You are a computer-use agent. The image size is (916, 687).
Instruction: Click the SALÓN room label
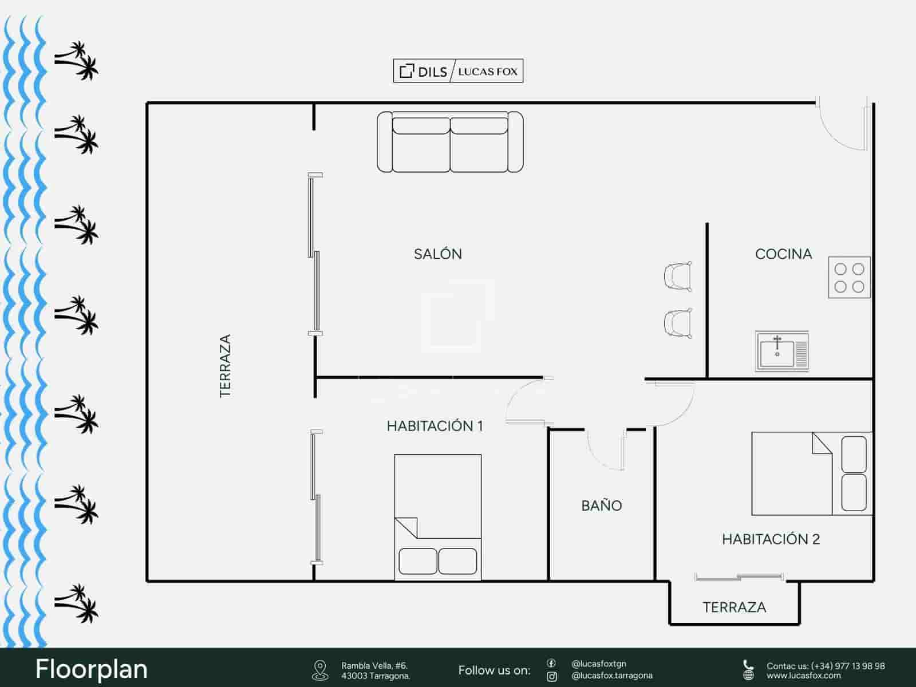click(438, 254)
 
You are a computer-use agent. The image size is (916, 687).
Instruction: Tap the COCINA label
click(783, 254)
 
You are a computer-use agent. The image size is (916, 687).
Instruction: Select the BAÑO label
click(601, 506)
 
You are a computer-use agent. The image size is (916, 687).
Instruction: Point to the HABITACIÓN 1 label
click(435, 426)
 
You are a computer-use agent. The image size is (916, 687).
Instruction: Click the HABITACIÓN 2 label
click(771, 539)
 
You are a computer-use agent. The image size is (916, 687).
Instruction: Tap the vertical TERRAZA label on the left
click(225, 366)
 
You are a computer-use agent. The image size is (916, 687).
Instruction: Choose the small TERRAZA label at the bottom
click(734, 607)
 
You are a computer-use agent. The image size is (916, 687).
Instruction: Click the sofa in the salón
click(450, 142)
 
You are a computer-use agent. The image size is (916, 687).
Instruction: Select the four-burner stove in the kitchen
click(849, 277)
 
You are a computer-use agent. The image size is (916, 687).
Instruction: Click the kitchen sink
click(781, 350)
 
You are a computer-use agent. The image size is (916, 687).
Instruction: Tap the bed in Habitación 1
click(437, 517)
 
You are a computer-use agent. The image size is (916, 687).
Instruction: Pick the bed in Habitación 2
click(812, 473)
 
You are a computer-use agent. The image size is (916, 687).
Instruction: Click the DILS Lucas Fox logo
click(458, 72)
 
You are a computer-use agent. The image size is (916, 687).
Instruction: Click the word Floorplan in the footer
click(92, 669)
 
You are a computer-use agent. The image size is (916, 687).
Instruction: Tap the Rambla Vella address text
click(376, 670)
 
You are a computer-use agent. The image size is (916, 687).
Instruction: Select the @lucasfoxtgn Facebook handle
click(598, 664)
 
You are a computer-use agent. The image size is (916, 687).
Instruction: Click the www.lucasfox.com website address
click(804, 676)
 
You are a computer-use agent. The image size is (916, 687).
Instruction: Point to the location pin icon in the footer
click(320, 670)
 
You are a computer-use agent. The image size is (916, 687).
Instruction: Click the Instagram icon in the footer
click(552, 677)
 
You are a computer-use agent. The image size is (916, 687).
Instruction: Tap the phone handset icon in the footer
click(748, 665)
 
